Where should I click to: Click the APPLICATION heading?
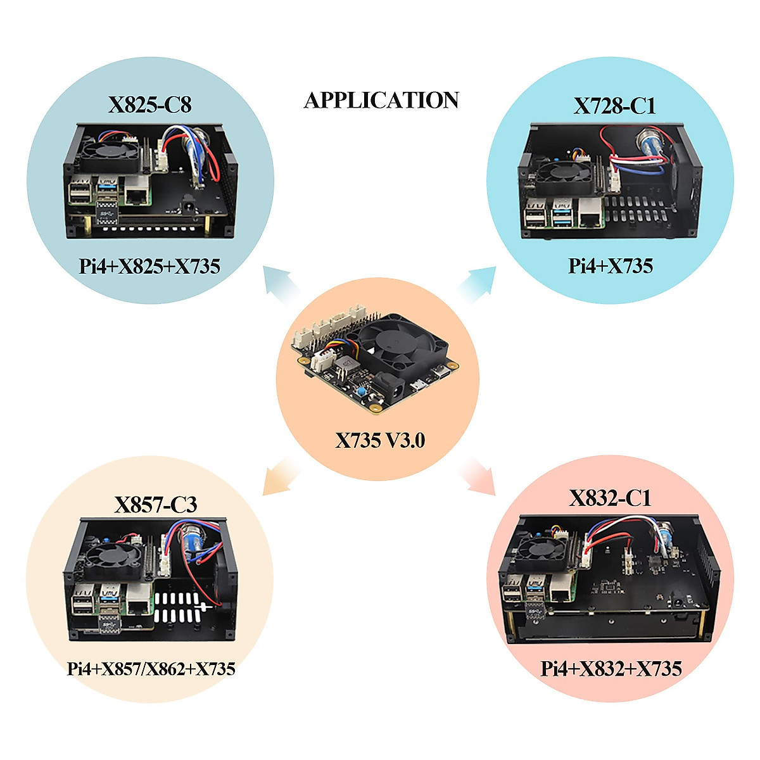tap(381, 101)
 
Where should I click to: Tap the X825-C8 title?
tap(149, 104)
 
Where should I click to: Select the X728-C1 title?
tap(614, 106)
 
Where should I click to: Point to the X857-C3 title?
tap(155, 505)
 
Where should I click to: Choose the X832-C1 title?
tap(610, 498)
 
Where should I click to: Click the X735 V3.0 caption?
tap(380, 440)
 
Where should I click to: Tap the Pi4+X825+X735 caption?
tap(149, 266)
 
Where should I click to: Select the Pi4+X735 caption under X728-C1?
tap(610, 266)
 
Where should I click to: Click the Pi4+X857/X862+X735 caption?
tap(151, 669)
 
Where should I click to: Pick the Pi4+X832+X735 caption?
tap(611, 669)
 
